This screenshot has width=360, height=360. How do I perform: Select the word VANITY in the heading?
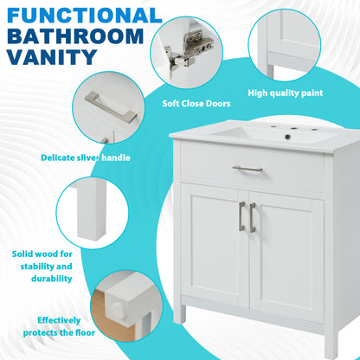[x=50, y=59]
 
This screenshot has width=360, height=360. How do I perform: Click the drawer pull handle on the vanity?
[x=247, y=169]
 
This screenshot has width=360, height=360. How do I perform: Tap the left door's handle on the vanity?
[x=241, y=217]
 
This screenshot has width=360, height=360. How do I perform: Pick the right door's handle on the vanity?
[x=253, y=216]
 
